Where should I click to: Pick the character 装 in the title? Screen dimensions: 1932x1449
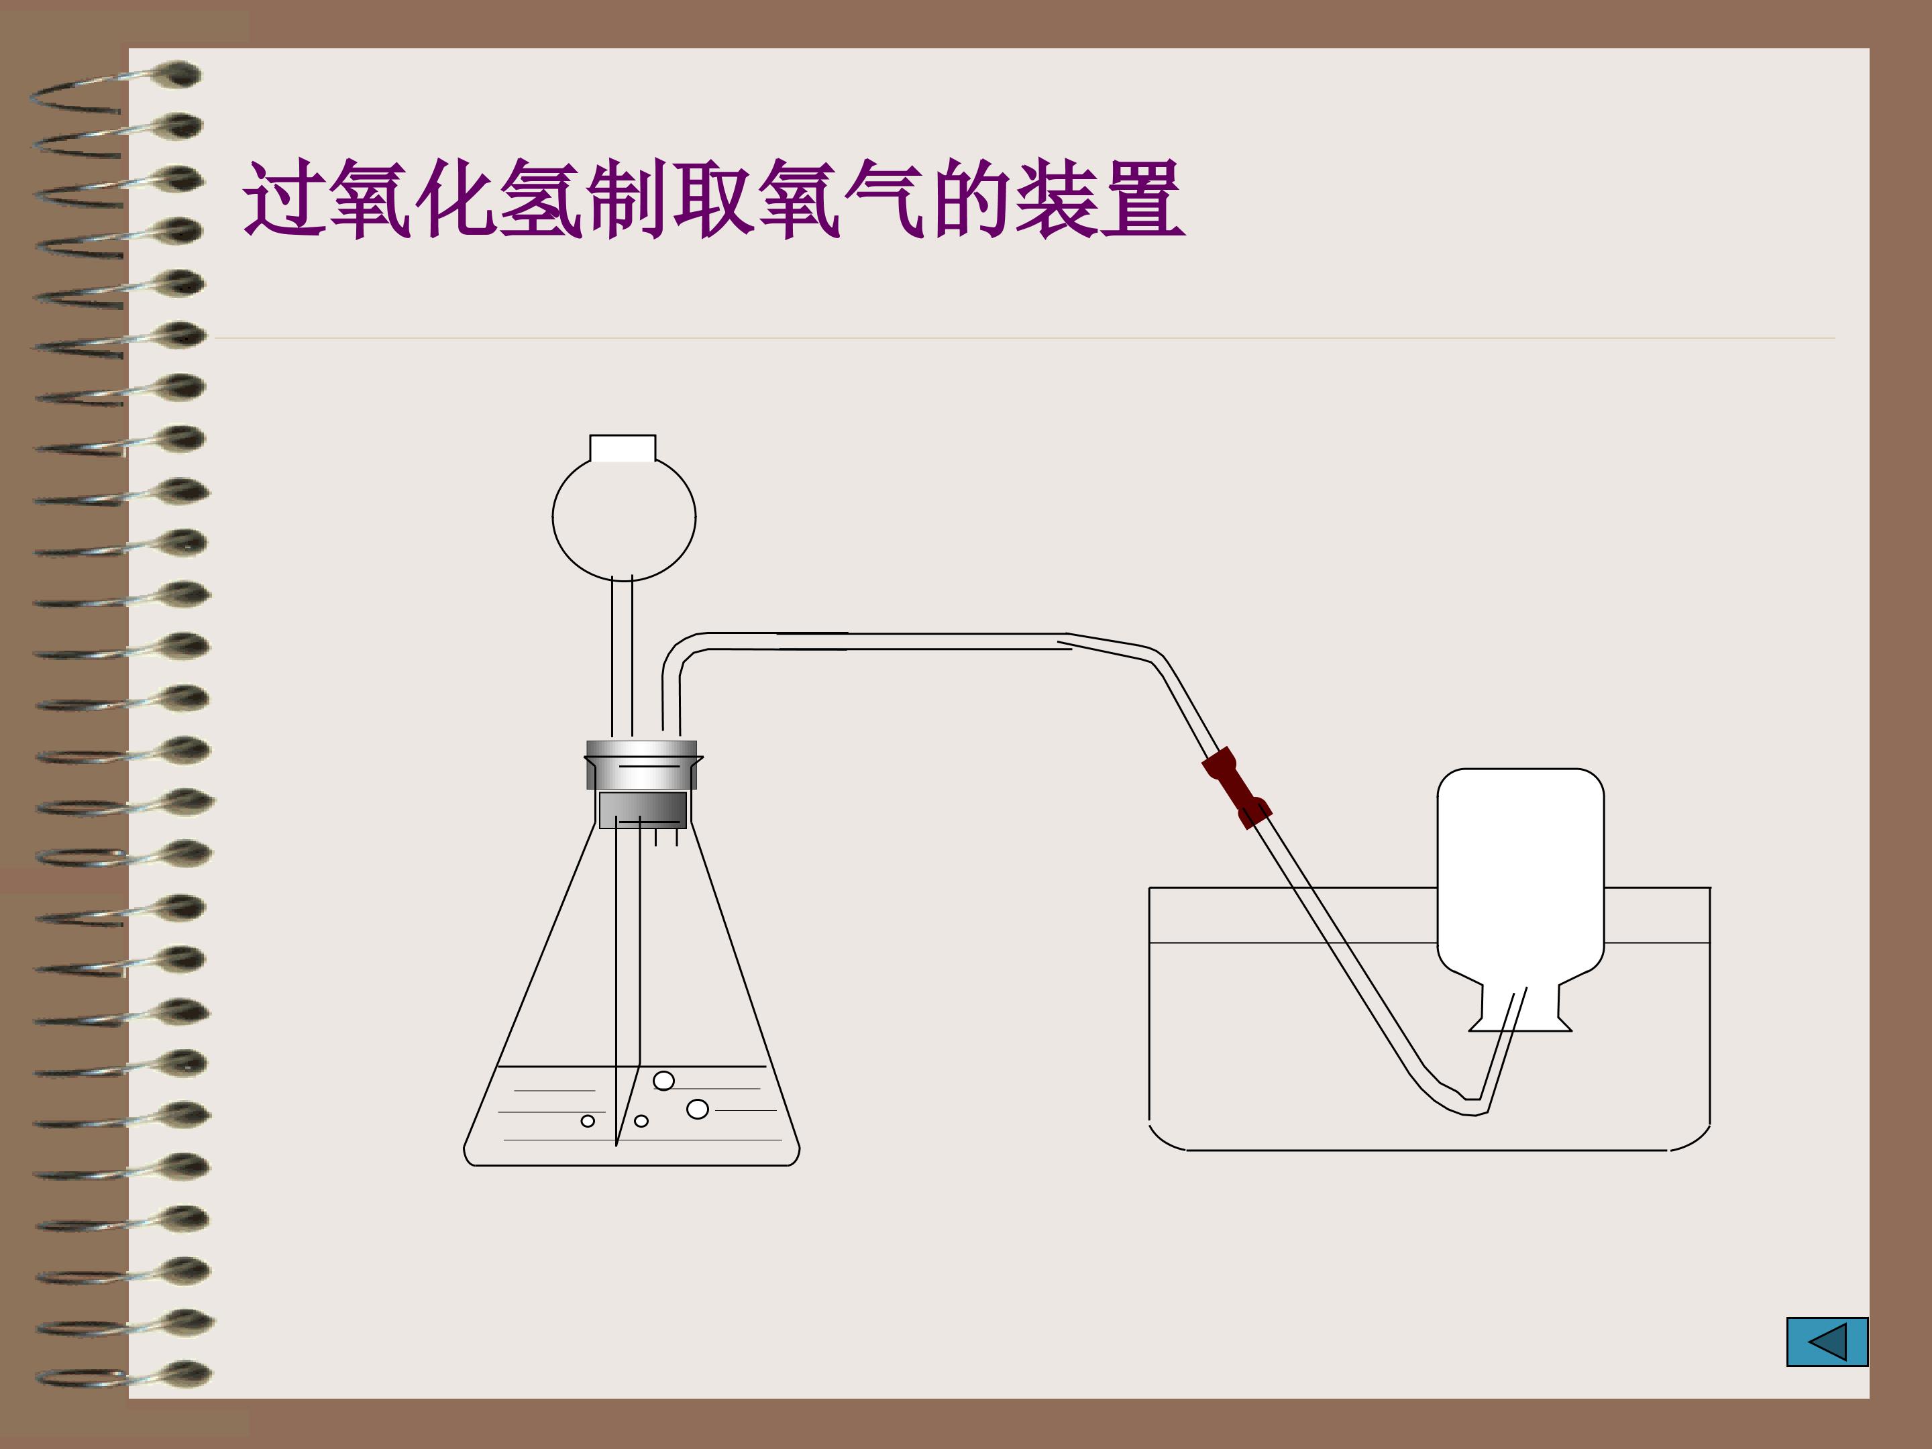click(x=1056, y=199)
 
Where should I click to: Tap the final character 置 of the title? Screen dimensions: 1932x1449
click(x=1142, y=199)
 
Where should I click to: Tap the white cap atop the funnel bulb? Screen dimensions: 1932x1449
click(x=623, y=448)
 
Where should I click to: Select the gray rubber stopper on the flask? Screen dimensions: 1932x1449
click(x=642, y=784)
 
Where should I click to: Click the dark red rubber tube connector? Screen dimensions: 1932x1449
click(x=1236, y=787)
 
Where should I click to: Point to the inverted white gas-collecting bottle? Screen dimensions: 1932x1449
click(x=1519, y=900)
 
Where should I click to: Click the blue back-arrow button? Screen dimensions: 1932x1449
click(x=1827, y=1342)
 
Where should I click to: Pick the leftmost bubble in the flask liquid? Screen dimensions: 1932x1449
click(x=588, y=1120)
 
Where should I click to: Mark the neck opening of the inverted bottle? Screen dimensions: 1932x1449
click(x=1519, y=1030)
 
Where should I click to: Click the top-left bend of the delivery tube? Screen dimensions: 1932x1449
click(x=680, y=653)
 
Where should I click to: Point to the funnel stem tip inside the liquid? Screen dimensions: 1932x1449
click(x=616, y=1144)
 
